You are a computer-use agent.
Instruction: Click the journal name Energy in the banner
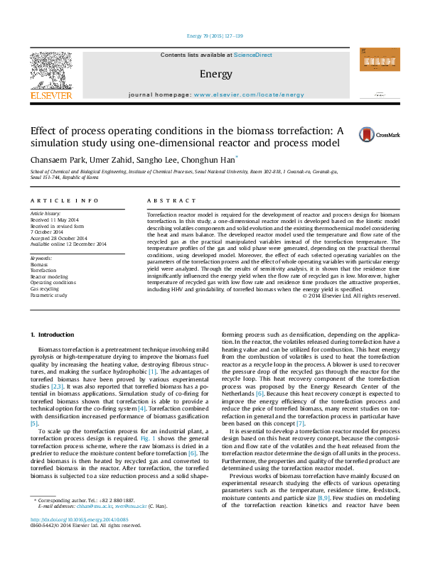click(x=211, y=73)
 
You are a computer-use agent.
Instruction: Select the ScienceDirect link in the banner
click(x=253, y=55)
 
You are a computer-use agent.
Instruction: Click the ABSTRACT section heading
click(x=171, y=202)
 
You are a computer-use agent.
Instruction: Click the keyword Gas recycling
click(x=44, y=289)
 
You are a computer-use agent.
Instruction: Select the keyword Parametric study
click(x=48, y=295)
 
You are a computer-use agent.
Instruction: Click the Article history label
click(x=45, y=213)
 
